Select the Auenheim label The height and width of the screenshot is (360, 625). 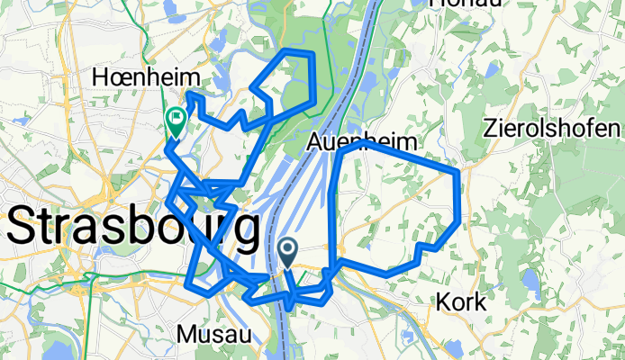pos(363,142)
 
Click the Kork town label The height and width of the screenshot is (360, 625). pos(461,303)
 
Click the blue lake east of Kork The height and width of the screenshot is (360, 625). pos(527,284)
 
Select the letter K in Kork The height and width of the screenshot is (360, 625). pos(444,303)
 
